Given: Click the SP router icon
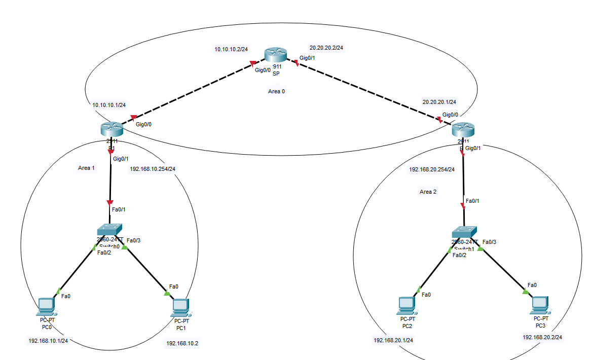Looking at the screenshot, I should (275, 55).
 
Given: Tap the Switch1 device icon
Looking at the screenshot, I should (464, 232).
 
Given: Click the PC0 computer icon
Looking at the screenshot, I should (46, 306).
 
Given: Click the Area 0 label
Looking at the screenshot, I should (276, 91).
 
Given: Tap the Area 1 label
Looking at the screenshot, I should (86, 168).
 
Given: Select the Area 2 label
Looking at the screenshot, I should (428, 192).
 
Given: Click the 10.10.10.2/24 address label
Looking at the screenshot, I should (231, 49).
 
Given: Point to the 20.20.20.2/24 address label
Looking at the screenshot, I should (326, 48).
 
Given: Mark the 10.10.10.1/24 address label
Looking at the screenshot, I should (109, 105).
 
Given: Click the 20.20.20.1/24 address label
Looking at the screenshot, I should (439, 102).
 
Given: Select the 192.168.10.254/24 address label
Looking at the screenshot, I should (153, 169).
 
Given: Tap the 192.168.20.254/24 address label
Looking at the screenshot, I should (432, 169).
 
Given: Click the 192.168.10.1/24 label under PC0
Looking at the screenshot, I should (48, 341).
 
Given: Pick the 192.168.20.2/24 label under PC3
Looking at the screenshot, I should (542, 337).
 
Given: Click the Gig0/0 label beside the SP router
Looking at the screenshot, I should (263, 70).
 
